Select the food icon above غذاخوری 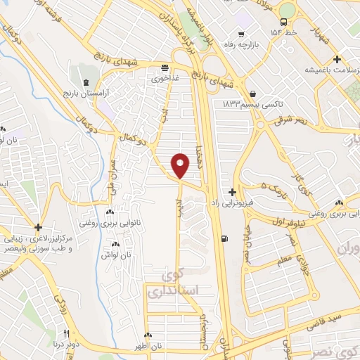coord(165,68)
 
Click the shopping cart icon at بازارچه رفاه coord(242,33)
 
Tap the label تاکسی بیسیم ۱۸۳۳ coord(252,103)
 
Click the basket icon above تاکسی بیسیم coord(252,93)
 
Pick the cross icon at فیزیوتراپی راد coord(232,191)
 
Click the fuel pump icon coord(224,238)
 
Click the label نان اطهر coord(148,347)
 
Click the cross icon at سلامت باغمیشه coord(337,59)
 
